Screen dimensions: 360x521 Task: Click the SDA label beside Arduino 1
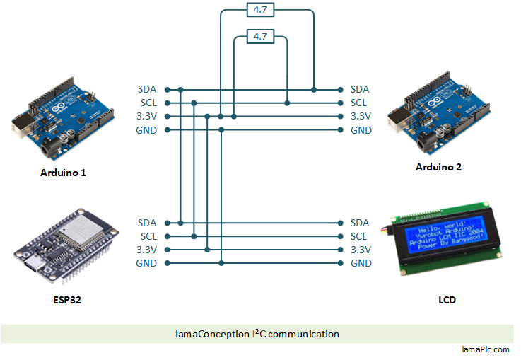(147, 90)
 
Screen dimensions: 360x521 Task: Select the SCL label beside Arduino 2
(359, 103)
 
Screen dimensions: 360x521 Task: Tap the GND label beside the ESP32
(147, 263)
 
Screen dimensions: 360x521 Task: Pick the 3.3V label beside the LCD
(361, 250)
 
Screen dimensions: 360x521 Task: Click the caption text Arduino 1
(63, 172)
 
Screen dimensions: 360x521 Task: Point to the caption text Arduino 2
(438, 167)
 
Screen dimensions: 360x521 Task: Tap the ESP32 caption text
(66, 300)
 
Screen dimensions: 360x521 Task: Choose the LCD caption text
(447, 300)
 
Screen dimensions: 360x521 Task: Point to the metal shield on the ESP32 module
(75, 227)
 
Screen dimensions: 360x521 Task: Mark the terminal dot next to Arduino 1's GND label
(167, 130)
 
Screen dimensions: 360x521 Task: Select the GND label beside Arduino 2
(361, 130)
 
